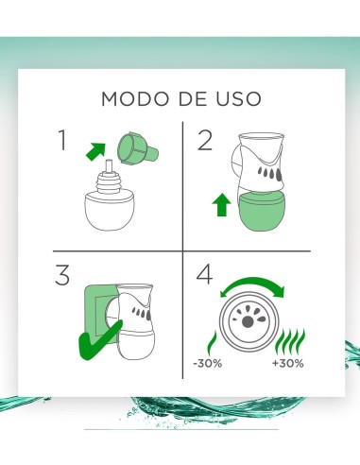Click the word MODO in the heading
pyautogui.click(x=128, y=98)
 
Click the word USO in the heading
pyautogui.click(x=236, y=98)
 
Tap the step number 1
pyautogui.click(x=63, y=142)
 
